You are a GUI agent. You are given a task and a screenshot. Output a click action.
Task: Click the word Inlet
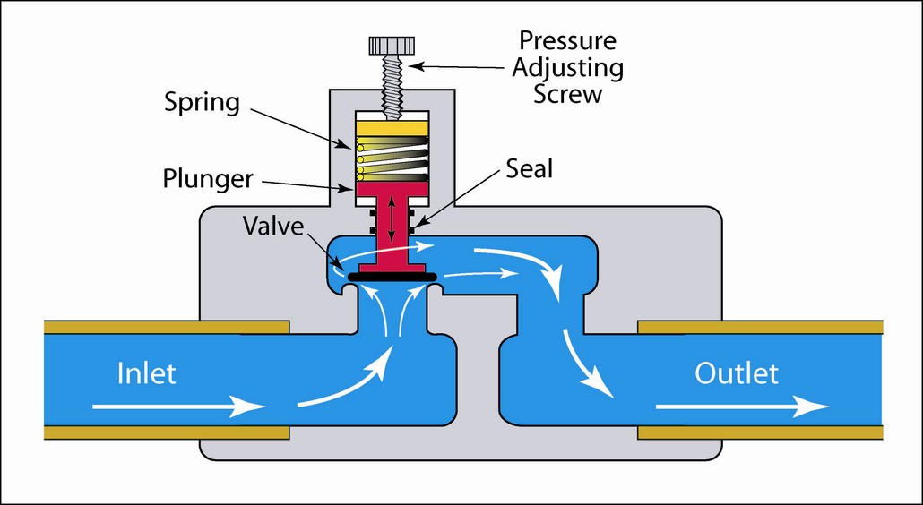click(148, 373)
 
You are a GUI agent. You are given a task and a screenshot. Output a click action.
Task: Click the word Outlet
click(737, 372)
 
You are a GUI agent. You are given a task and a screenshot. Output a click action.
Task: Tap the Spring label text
click(202, 102)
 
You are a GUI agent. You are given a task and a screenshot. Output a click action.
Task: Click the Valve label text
click(274, 224)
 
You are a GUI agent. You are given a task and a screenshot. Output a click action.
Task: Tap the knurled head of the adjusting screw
click(392, 44)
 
